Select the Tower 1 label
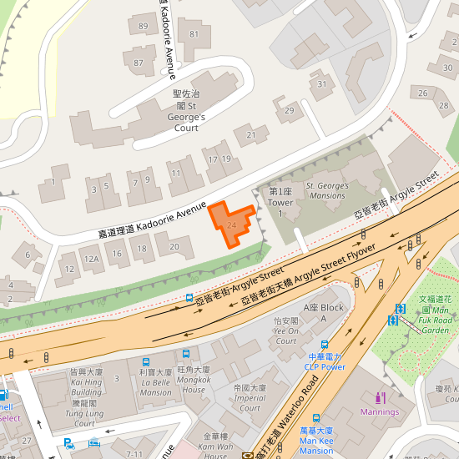coord(280,203)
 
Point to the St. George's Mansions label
coord(325,190)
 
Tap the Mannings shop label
coord(380,411)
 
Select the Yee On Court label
coord(285,330)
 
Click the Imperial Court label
coord(250,398)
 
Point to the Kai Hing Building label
coord(86,386)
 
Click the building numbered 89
coord(144,28)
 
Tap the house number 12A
coord(92,260)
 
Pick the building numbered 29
coord(290,111)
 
